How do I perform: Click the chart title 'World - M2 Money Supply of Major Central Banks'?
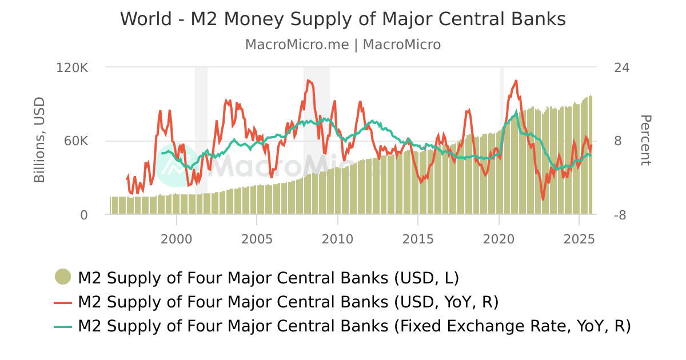(342, 19)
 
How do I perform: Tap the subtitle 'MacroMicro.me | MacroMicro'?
(342, 45)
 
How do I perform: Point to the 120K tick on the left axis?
(72, 68)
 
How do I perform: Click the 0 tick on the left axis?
(84, 215)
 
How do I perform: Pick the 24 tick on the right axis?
(621, 68)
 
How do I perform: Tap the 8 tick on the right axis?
(617, 141)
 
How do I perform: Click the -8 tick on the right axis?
(620, 215)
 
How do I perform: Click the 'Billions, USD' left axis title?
(39, 141)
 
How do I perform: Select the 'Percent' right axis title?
(645, 141)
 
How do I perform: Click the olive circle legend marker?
(63, 278)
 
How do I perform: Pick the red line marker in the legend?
(63, 302)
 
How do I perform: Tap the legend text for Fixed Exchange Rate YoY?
(354, 326)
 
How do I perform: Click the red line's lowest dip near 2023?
(543, 199)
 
